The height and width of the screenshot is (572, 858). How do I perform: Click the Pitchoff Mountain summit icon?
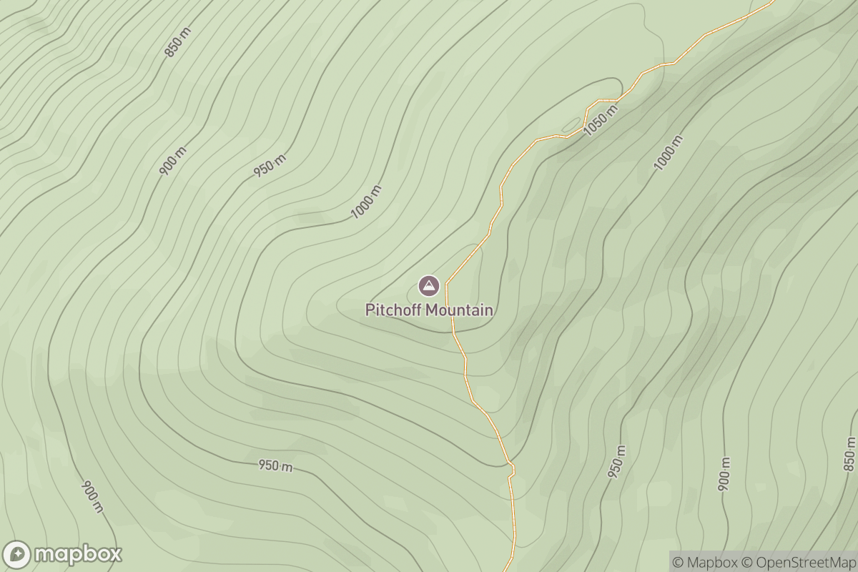point(428,287)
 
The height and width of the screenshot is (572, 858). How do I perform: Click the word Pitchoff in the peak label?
point(394,310)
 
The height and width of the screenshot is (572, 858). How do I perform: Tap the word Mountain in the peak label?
point(459,310)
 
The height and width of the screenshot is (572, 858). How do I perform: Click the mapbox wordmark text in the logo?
point(78,553)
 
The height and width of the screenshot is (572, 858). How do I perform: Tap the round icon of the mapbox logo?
point(17,554)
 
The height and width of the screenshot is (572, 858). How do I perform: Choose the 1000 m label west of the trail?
point(366,202)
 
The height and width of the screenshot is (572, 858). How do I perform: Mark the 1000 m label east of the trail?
point(668,152)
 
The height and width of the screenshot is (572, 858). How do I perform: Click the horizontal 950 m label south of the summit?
point(275,465)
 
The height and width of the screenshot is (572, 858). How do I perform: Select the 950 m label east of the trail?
point(616,462)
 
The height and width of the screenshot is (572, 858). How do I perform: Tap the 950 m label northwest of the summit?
point(269,166)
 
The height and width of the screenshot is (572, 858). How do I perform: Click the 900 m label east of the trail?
point(724,473)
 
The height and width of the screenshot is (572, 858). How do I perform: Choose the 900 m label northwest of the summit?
point(172,161)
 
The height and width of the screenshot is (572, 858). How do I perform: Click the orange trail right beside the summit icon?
point(447,287)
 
